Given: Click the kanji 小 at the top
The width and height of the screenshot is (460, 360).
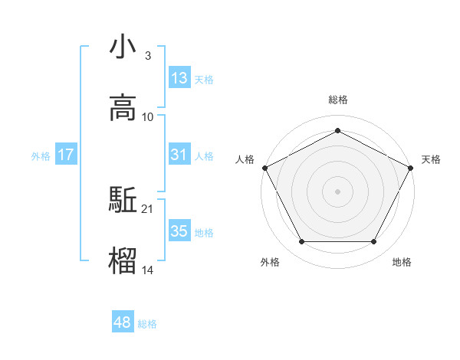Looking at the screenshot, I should point(123,47).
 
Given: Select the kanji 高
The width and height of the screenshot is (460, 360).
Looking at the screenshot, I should point(123,107).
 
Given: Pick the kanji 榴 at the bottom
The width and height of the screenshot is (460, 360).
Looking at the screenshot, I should point(123,260).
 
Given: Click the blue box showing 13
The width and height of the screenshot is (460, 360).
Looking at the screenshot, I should point(179,78).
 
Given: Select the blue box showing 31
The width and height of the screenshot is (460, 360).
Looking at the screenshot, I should point(179,155).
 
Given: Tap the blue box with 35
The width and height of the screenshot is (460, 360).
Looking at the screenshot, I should point(179,231).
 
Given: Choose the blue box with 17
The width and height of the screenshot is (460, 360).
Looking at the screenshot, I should point(66,155).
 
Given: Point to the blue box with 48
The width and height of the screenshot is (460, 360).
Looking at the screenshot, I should point(123,322).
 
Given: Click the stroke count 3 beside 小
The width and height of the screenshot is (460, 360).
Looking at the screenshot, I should point(147,56).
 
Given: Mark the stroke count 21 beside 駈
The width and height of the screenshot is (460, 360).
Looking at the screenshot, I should point(148,208).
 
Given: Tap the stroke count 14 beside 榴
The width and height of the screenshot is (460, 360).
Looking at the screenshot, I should point(148,270).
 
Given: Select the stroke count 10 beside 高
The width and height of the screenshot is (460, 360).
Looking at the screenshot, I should point(148,116).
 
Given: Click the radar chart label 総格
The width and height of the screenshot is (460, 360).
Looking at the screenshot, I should point(337,100).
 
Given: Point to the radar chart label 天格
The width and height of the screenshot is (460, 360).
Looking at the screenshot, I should point(431,159).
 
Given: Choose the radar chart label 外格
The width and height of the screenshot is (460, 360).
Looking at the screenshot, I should point(270,262).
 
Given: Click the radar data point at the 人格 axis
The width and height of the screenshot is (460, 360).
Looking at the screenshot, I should point(264,167).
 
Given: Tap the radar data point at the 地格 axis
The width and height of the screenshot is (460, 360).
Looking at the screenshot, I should point(373,242).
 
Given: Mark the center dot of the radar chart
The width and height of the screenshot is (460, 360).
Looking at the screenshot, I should point(337,191).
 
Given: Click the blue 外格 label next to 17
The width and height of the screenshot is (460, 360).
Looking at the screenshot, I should point(41,156).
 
